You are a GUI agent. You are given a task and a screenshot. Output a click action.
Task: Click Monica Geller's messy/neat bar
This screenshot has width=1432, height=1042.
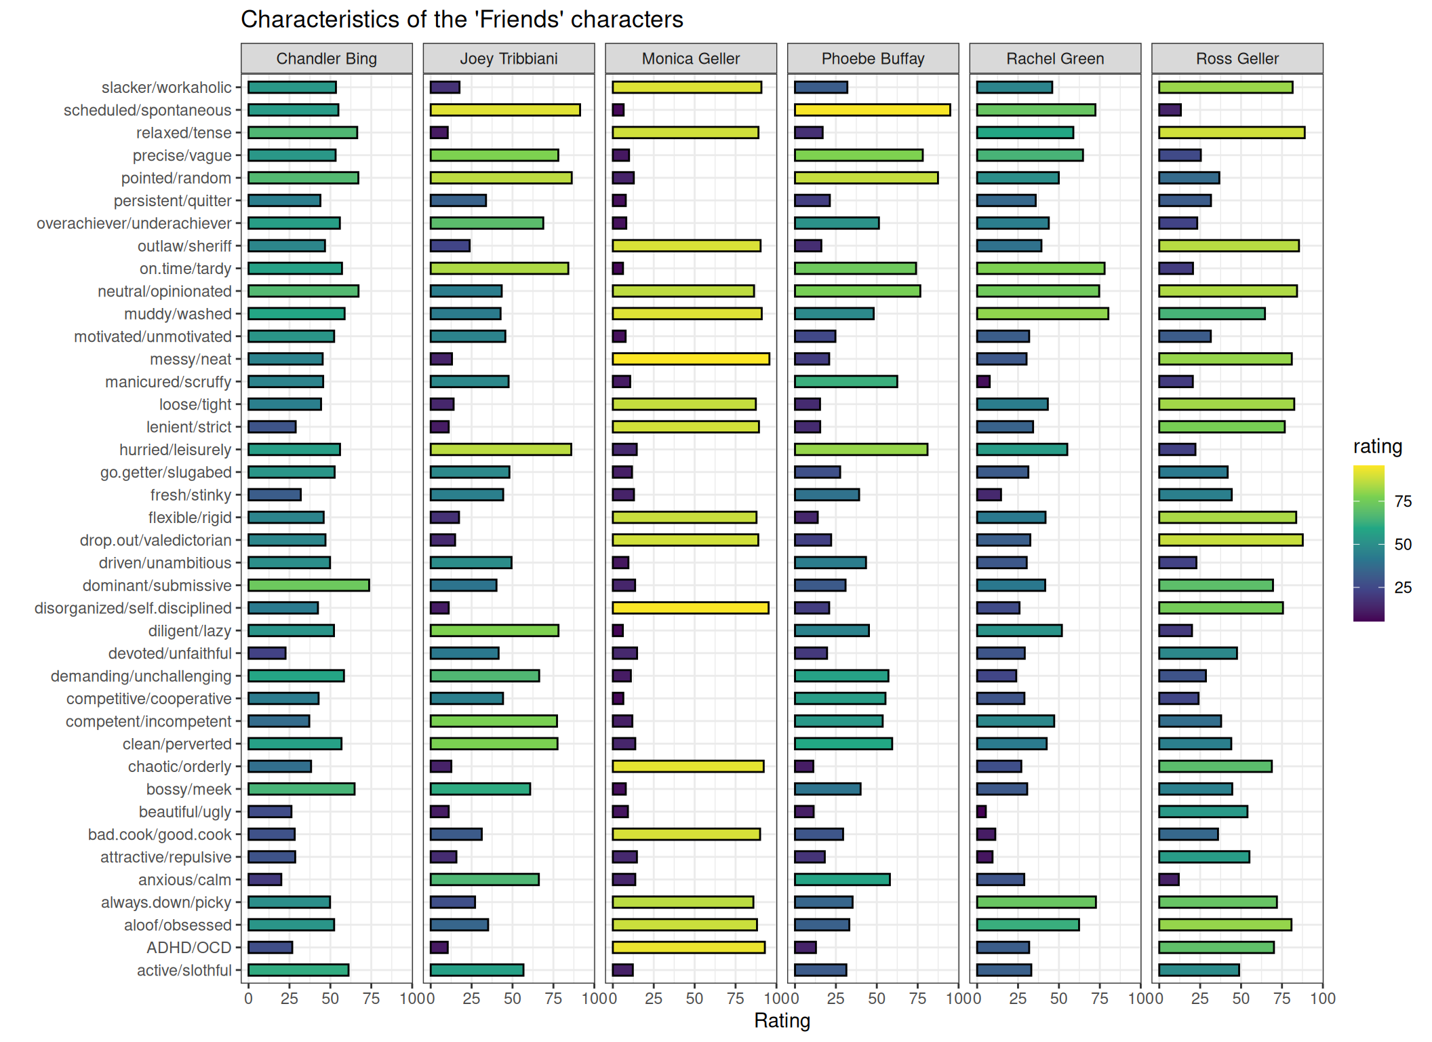(x=690, y=359)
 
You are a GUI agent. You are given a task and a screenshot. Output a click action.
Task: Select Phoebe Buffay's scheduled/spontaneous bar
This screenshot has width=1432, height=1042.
(x=872, y=110)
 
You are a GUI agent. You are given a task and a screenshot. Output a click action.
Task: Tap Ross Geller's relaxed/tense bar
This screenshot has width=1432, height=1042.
(x=1231, y=132)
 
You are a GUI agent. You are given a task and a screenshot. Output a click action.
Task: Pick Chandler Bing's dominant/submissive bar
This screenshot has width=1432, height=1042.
(x=309, y=585)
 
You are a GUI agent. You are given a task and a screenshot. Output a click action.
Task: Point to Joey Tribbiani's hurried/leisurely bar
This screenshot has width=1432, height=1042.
(x=500, y=449)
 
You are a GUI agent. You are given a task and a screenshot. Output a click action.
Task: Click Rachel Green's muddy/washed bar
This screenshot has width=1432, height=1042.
(x=1042, y=313)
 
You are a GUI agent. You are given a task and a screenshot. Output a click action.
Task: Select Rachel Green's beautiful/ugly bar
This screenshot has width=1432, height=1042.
(x=981, y=811)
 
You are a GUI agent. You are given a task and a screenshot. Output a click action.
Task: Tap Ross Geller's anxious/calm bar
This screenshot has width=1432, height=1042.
(x=1169, y=879)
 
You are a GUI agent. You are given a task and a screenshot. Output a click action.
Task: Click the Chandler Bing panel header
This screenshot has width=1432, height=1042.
(x=327, y=58)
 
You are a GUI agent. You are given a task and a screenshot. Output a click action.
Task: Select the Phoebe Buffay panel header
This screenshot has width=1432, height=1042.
(x=873, y=58)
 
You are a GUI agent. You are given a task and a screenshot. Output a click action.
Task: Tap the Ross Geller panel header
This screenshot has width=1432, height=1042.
(x=1237, y=58)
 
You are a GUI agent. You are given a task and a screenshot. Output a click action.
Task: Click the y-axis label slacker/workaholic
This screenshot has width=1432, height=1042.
(x=166, y=88)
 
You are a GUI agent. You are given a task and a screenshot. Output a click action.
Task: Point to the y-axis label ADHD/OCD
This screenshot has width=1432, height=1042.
(x=189, y=948)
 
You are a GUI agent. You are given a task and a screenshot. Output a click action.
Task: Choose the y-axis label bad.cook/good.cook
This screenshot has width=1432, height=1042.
(x=160, y=834)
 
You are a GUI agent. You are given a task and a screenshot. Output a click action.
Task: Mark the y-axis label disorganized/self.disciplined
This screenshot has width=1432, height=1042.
(x=133, y=608)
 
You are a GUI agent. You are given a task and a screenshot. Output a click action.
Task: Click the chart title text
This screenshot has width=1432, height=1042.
(x=462, y=19)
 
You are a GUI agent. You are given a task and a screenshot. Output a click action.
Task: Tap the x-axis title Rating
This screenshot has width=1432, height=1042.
(x=782, y=1020)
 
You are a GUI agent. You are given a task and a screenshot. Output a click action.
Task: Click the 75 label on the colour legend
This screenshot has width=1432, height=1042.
(x=1403, y=501)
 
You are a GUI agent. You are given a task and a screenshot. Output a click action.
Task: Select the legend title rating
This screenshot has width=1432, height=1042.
(x=1378, y=446)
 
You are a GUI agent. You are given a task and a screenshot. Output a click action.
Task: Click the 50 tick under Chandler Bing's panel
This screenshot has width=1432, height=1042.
(x=330, y=998)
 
